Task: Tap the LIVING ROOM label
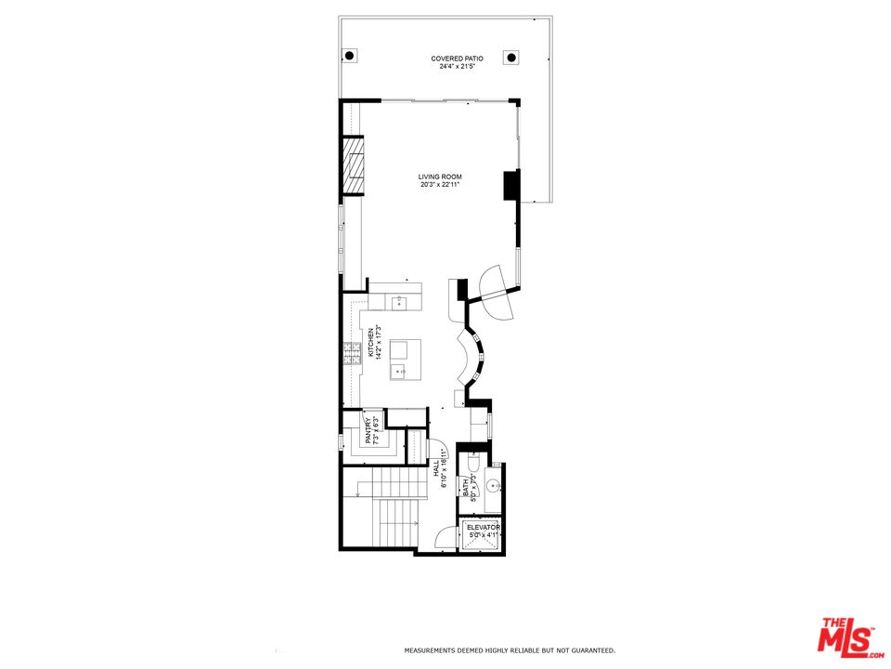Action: coord(439,177)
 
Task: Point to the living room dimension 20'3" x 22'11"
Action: coord(439,185)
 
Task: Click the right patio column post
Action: coord(510,58)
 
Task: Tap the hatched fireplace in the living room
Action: coord(353,165)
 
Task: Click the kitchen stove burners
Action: coord(353,353)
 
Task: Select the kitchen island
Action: coord(405,360)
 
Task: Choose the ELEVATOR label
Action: coord(484,528)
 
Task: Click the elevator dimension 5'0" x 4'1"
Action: coord(484,535)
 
